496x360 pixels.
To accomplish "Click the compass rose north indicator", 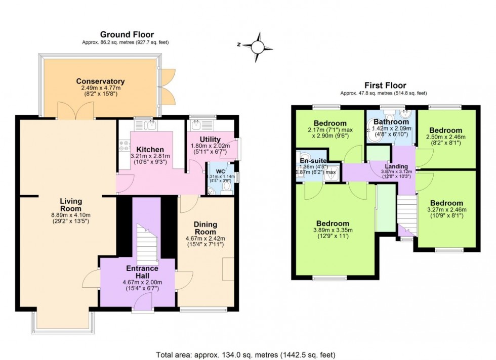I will tap(258, 44).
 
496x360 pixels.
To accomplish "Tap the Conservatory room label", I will tap(100, 81).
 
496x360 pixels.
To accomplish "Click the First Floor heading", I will tap(384, 85).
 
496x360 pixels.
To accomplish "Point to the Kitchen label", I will tap(150, 149).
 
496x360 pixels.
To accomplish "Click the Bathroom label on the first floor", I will tap(391, 122).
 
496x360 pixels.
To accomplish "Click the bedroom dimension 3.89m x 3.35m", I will tap(332, 231).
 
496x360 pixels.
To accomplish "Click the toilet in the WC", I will tap(226, 188).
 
